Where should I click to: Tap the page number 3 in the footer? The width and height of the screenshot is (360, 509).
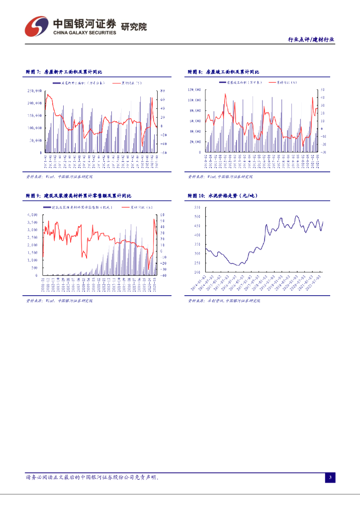330,478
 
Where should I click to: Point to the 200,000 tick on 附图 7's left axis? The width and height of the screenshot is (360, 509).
35,103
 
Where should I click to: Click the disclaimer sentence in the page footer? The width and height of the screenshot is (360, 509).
92,477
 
